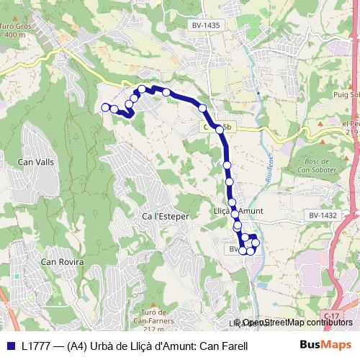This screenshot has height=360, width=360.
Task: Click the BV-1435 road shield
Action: [206, 25]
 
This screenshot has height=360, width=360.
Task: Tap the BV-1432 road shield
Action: [323, 215]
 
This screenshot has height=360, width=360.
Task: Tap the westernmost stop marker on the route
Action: [105, 107]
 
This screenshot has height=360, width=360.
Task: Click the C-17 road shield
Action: [331, 317]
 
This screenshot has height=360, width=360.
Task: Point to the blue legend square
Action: [9, 346]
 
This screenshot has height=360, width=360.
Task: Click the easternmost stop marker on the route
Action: [256, 243]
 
